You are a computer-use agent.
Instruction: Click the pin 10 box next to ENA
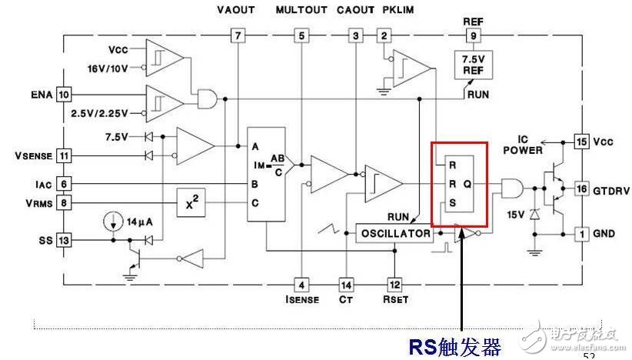tap(63, 95)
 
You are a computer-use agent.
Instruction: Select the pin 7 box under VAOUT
tap(238, 35)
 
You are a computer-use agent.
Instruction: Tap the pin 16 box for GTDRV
tap(581, 189)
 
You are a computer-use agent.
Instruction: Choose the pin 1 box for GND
tap(581, 233)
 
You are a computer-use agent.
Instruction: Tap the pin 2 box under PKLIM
tap(384, 35)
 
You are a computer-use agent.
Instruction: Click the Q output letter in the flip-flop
tap(467, 185)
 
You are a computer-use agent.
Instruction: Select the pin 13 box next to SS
tap(63, 241)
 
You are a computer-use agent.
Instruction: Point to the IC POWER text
tap(523, 145)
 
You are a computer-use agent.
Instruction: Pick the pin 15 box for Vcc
tap(581, 141)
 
